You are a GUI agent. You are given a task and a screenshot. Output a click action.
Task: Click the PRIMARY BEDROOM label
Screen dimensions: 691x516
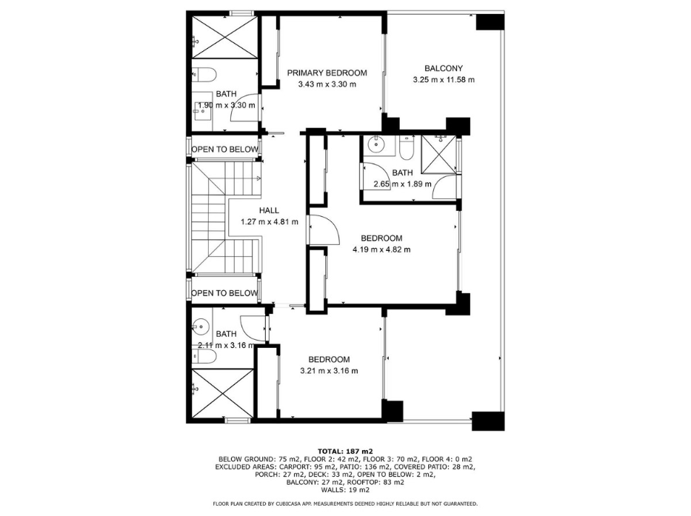coord(327,73)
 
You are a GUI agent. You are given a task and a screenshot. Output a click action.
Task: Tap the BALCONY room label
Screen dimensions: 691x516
coord(444,68)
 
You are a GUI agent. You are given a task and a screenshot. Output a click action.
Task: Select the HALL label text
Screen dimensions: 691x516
coord(269,211)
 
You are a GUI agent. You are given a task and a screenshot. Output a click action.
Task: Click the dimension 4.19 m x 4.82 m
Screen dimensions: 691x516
coord(381,249)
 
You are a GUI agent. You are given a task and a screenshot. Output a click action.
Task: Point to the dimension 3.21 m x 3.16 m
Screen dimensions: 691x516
coord(329,371)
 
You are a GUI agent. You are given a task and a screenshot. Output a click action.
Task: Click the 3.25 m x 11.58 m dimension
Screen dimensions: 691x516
coord(444,80)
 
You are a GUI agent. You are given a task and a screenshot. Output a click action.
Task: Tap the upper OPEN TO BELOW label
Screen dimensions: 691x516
coord(224,150)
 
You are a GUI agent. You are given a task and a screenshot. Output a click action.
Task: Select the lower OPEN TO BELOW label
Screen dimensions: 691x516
coord(224,293)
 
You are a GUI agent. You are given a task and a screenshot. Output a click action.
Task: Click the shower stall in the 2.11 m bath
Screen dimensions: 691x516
coord(223,393)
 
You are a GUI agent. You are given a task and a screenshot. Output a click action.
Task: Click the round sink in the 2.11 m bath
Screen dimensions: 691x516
coord(201,326)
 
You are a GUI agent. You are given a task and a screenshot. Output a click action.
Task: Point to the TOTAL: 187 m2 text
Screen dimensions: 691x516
coord(345,452)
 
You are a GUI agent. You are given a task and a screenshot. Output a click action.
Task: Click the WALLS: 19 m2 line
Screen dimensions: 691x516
coord(345,489)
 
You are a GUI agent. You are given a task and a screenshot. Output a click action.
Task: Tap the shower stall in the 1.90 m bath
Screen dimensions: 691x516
coord(224,37)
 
